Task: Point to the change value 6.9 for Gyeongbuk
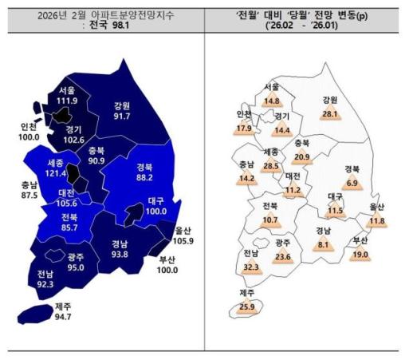point(352,182)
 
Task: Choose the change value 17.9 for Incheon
point(244,128)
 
